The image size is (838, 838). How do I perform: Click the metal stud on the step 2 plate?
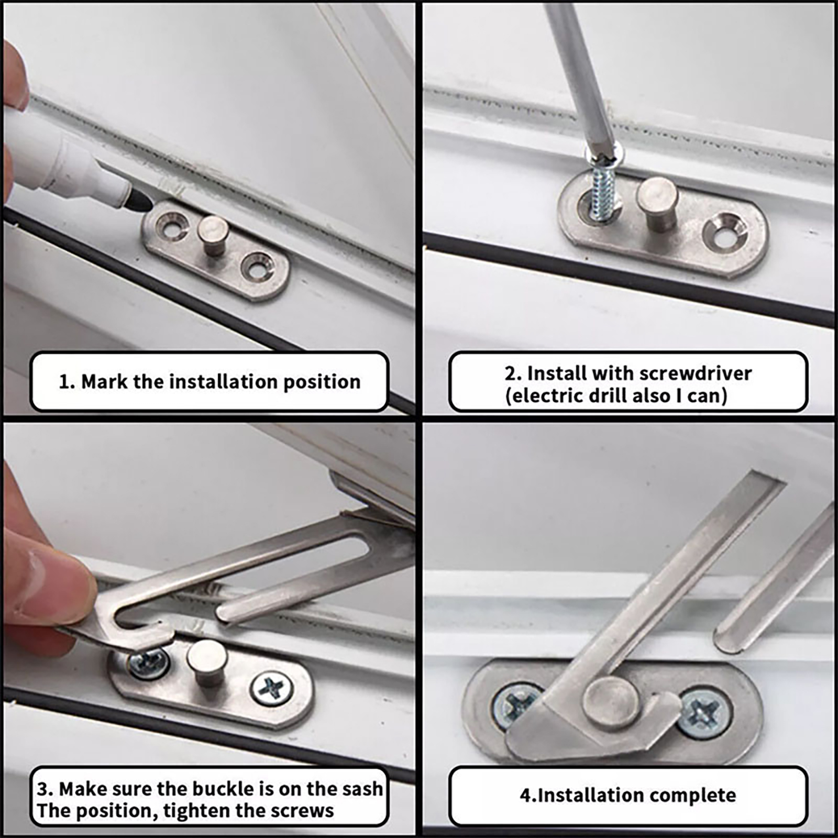tap(657, 202)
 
